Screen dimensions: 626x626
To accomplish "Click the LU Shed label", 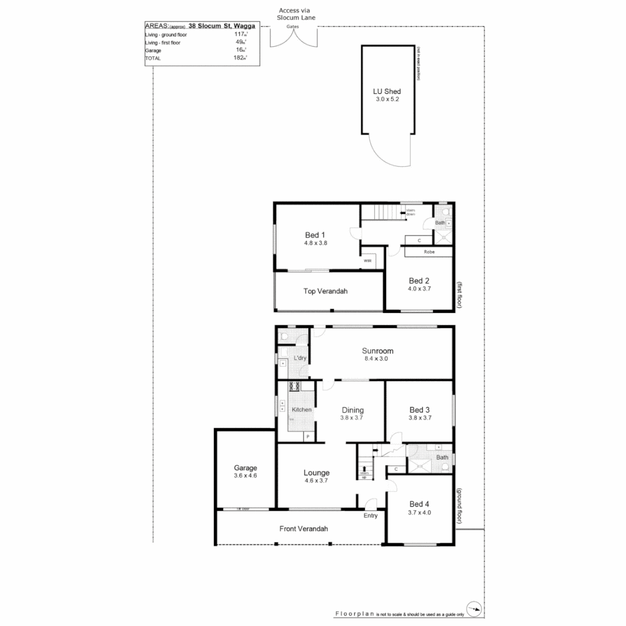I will tap(387, 91).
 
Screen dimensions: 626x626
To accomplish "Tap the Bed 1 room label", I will tap(315, 235).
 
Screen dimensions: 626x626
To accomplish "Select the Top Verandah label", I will tap(325, 291).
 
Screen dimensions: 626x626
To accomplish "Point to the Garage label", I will tap(245, 468).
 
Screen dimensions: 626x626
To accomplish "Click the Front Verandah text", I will tap(304, 529).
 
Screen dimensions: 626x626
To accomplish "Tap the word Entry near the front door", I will tap(370, 515).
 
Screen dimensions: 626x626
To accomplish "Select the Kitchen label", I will tap(301, 410).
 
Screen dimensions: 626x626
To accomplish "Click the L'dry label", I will tap(300, 358).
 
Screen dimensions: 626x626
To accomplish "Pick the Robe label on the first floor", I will tap(429, 253).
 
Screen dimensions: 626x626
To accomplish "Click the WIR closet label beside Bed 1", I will tap(367, 261).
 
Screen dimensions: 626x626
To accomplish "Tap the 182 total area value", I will tap(238, 58).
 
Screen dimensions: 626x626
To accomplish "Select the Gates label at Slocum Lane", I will tap(293, 27).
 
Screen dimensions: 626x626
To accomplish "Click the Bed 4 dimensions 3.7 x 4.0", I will tap(420, 512).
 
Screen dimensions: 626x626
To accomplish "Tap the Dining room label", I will tap(352, 410).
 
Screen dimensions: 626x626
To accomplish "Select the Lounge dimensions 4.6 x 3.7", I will tap(316, 481).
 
